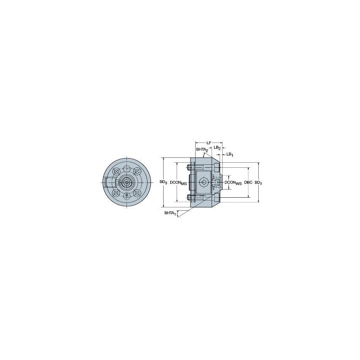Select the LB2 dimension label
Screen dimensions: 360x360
(x=217, y=148)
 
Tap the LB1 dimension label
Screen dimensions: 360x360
(x=230, y=154)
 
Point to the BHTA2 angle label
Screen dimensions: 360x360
(x=202, y=150)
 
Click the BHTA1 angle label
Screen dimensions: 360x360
(x=170, y=213)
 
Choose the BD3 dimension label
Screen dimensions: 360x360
(x=163, y=182)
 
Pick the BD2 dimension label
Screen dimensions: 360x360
(x=258, y=183)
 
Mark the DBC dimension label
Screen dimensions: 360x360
(x=248, y=183)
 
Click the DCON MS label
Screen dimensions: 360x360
(x=178, y=183)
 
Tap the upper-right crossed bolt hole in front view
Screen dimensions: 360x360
(x=137, y=171)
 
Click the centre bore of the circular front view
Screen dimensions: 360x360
(x=126, y=182)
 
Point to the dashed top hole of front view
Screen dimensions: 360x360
(x=126, y=169)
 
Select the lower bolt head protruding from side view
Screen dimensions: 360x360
(x=191, y=197)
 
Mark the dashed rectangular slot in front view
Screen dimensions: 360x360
(x=110, y=182)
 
